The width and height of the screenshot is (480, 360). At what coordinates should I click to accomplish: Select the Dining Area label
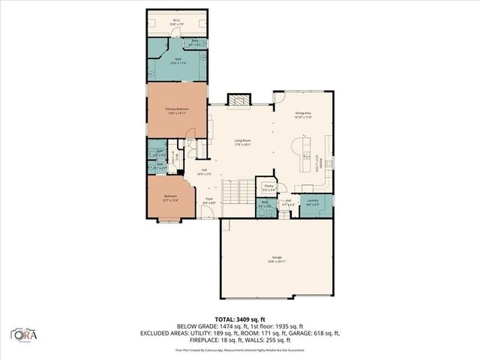[x=303, y=115]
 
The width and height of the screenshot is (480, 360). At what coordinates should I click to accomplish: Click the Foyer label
[x=209, y=201]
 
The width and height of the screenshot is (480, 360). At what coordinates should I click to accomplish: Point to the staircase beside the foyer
[x=240, y=193]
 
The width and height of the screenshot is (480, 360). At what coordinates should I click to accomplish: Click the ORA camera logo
[x=22, y=333]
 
